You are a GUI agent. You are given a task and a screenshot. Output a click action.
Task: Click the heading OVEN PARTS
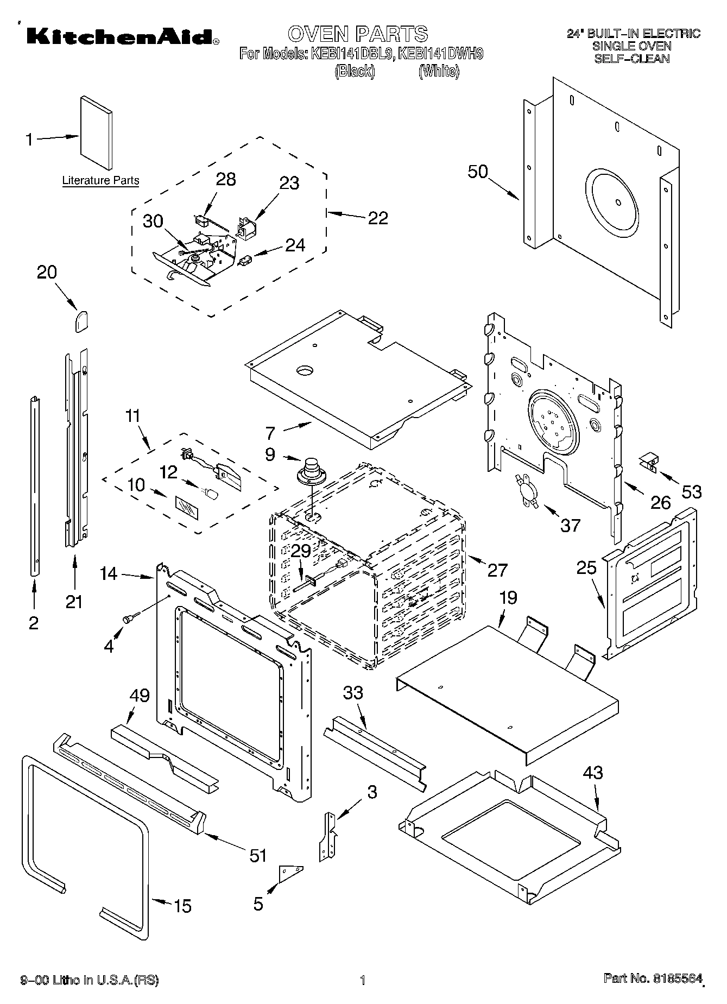coord(358,34)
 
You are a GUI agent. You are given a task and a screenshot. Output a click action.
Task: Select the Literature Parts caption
coord(100,180)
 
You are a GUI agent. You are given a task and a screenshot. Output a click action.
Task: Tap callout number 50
coord(478,172)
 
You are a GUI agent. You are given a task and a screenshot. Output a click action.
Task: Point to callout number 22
coord(378,218)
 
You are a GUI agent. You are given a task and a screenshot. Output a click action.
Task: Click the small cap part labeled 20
coord(81,320)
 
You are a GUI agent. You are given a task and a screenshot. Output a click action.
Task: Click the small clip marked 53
coord(648,461)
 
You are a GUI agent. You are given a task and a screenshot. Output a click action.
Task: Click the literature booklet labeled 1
coord(97,133)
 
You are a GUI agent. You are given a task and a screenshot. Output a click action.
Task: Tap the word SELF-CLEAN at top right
coord(631,59)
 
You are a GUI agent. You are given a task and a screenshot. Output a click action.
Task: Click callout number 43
coord(593,772)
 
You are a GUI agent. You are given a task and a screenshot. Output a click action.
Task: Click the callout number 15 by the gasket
coord(182,906)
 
